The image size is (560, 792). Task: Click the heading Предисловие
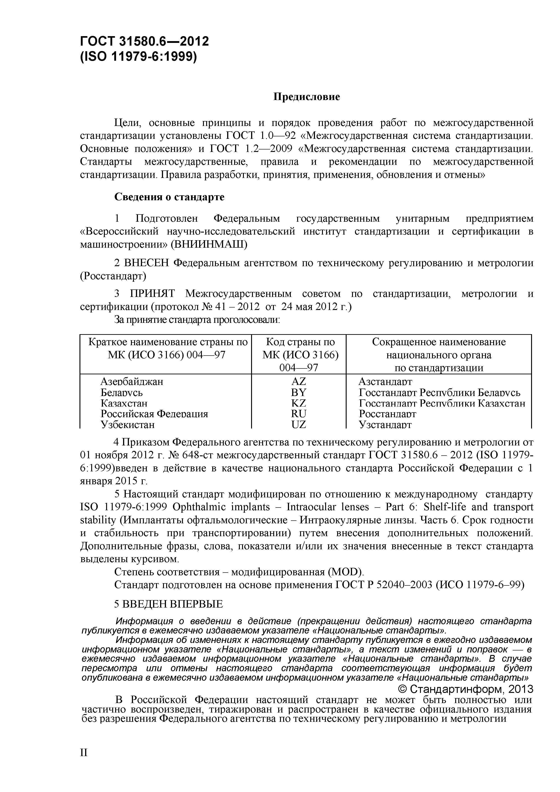pyautogui.click(x=306, y=97)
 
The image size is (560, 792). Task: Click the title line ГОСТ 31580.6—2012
pyautogui.click(x=144, y=41)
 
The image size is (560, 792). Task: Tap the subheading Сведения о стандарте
pyautogui.click(x=169, y=197)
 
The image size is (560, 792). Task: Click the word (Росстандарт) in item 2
pyautogui.click(x=113, y=276)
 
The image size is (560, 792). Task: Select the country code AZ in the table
pyautogui.click(x=299, y=382)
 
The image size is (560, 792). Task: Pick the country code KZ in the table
pyautogui.click(x=299, y=403)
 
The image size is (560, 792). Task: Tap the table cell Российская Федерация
pyautogui.click(x=154, y=414)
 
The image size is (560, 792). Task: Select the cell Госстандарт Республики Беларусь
pyautogui.click(x=439, y=393)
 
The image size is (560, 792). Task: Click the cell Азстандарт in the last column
pyautogui.click(x=385, y=382)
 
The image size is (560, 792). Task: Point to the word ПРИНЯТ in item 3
pyautogui.click(x=152, y=294)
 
